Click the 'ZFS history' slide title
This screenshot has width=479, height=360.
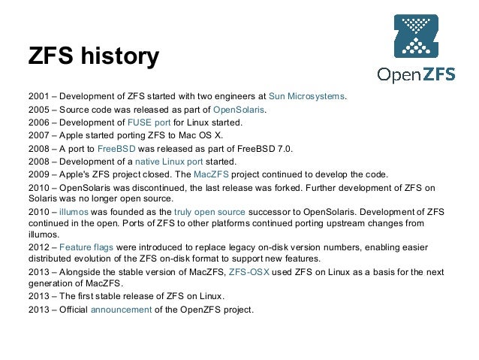(x=93, y=58)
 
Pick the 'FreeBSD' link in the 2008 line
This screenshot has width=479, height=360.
(x=118, y=149)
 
